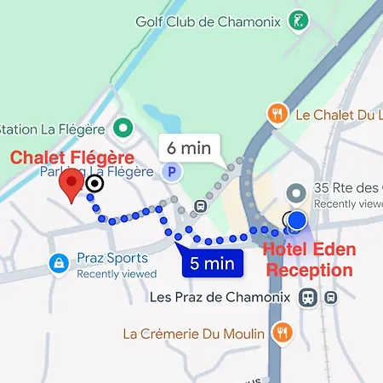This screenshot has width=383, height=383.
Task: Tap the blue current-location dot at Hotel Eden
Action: [x=296, y=221]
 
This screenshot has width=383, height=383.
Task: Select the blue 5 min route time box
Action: [x=212, y=263]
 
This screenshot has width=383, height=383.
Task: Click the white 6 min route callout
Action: [x=190, y=147]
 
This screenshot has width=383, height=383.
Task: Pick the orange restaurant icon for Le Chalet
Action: [x=277, y=113]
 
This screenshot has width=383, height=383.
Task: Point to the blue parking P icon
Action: [x=172, y=172]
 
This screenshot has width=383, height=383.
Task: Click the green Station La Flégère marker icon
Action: [x=124, y=129]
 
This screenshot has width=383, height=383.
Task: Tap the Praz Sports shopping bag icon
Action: [x=58, y=262]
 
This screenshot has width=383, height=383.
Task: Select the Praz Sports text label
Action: [x=112, y=258]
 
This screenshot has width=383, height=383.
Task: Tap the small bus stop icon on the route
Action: [x=200, y=206]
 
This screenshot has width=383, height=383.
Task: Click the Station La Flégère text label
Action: [x=53, y=129]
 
